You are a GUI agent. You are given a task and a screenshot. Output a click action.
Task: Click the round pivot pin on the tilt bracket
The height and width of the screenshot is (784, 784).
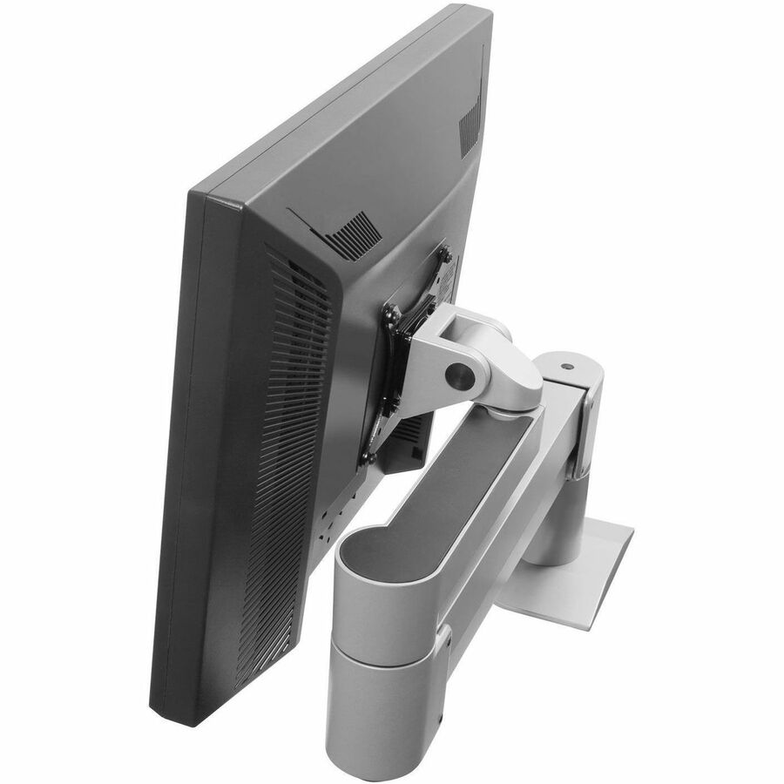coord(458,375)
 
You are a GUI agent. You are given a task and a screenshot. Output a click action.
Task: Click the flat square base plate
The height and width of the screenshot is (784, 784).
coord(575,575)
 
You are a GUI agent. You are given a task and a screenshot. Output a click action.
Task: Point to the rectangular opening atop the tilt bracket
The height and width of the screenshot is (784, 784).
coord(471,327)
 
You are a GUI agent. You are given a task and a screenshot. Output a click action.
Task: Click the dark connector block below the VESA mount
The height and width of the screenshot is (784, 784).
coord(409,444)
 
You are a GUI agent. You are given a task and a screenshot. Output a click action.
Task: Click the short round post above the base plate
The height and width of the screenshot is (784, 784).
coord(554,540)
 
